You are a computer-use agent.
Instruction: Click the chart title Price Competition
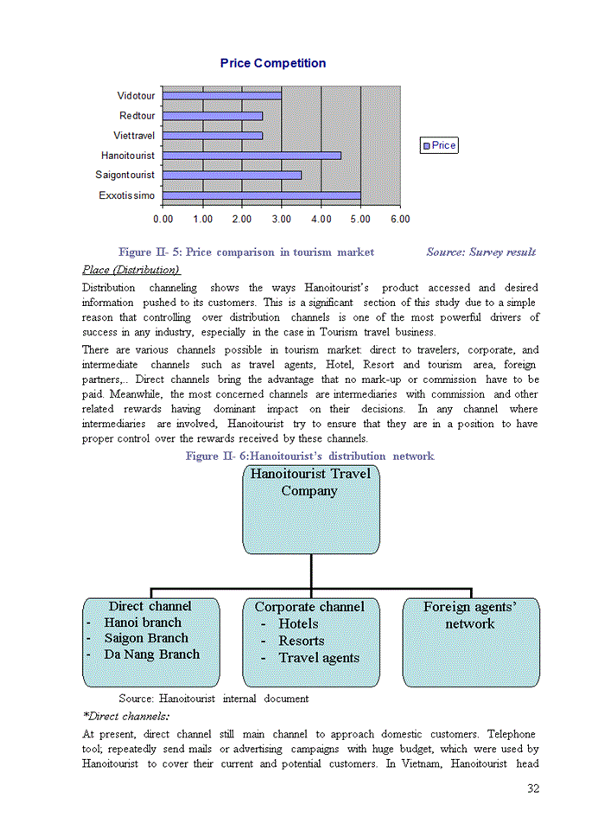(x=272, y=63)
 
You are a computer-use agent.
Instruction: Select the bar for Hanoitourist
(x=252, y=156)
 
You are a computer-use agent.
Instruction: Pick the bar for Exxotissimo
(x=261, y=195)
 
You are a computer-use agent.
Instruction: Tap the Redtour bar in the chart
(x=213, y=115)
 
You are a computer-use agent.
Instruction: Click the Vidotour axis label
(x=137, y=95)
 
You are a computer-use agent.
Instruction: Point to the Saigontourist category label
(x=125, y=176)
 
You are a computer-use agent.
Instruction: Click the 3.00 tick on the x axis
(x=281, y=220)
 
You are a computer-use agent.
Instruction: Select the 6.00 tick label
(x=399, y=220)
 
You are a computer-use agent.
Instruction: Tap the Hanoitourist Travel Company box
(x=310, y=510)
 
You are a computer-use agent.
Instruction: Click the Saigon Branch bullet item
(x=145, y=638)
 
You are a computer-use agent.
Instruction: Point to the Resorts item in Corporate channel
(x=301, y=641)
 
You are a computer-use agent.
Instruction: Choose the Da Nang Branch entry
(x=151, y=654)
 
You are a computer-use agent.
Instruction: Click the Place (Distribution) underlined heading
(x=131, y=270)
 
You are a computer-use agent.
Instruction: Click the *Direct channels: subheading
(x=125, y=716)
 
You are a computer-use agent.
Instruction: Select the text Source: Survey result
(x=481, y=252)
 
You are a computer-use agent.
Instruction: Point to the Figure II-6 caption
(x=309, y=456)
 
